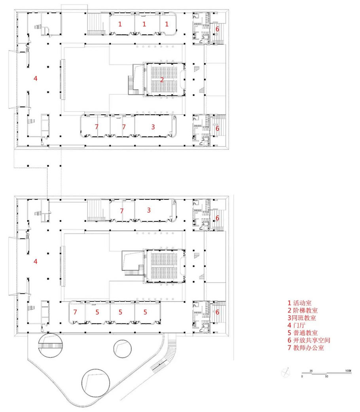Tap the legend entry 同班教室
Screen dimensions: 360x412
click(302, 318)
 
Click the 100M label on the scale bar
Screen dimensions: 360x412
click(348, 370)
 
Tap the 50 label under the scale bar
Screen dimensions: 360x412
click(326, 376)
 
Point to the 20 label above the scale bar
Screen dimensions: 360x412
click(311, 370)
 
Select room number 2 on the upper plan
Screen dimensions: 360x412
click(162, 80)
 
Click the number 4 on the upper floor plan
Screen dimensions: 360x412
click(35, 78)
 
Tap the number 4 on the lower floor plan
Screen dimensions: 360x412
click(35, 261)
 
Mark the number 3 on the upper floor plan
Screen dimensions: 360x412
click(153, 127)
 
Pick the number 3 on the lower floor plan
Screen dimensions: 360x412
click(149, 210)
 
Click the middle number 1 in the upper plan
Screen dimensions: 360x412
click(144, 24)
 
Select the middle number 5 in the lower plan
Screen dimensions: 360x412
click(121, 312)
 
